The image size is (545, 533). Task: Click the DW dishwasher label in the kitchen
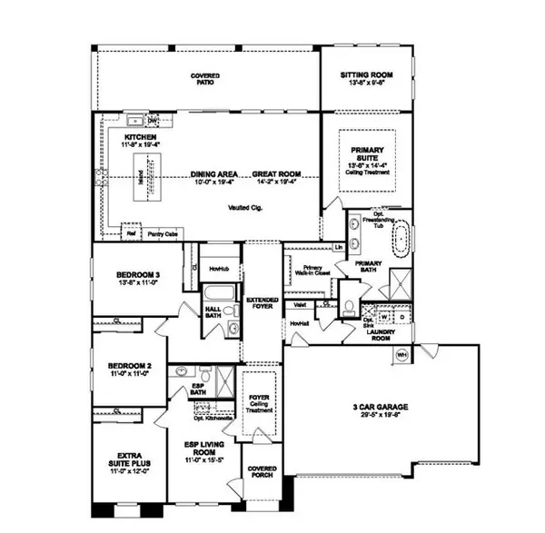coord(154,120)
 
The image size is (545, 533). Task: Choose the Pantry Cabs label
coord(163,232)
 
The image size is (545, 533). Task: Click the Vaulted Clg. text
coord(243,208)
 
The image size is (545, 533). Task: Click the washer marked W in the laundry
coord(383,317)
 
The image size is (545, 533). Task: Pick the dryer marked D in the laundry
coord(401,317)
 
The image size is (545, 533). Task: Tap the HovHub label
coord(218,270)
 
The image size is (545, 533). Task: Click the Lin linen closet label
coord(338,247)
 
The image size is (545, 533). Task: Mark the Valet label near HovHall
coord(299,306)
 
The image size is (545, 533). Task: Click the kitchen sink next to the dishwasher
coord(137,119)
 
